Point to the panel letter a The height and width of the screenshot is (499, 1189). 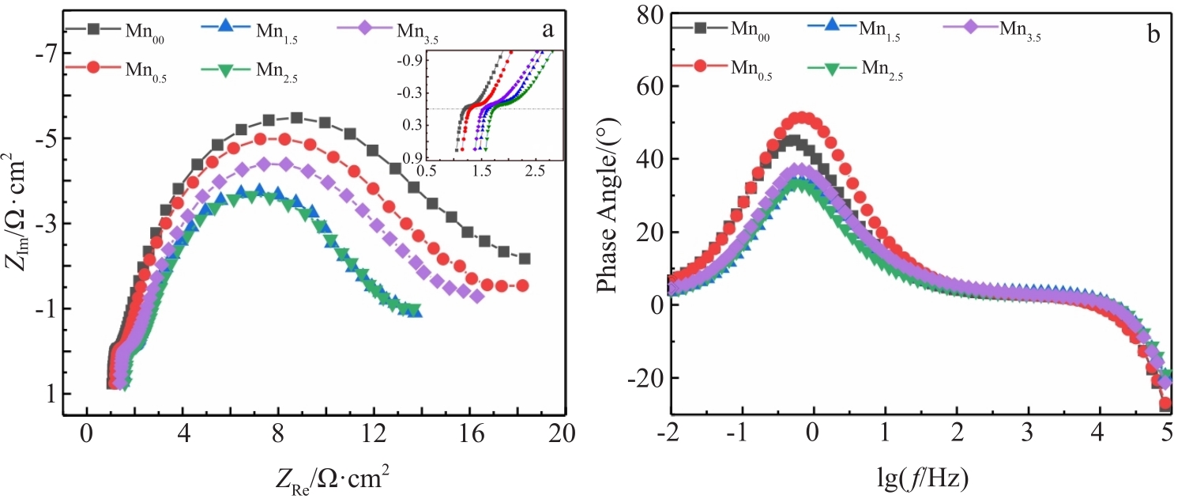pos(546,30)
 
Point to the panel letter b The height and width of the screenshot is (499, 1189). pos(1153,33)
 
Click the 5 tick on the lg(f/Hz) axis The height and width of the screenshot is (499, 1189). pos(1165,434)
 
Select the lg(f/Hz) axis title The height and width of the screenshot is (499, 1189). pos(918,477)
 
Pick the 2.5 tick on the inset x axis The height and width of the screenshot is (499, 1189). pos(537,169)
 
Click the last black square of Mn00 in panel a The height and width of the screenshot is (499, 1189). pos(524,259)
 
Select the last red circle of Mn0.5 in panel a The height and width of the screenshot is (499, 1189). pos(522,285)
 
